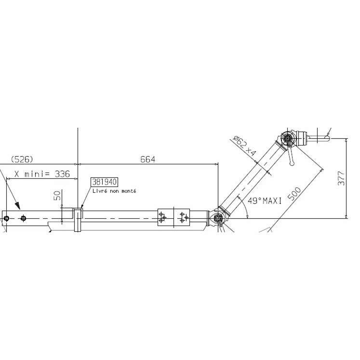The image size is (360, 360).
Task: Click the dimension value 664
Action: [147, 160]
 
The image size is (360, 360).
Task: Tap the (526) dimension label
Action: [22, 159]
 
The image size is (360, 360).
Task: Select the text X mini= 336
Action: [42, 174]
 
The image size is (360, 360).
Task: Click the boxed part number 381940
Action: [105, 182]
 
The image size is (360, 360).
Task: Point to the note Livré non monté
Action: [114, 191]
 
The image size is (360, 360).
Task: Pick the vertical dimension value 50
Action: [58, 195]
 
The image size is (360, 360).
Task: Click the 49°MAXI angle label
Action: [265, 201]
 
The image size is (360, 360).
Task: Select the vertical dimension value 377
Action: [341, 178]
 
